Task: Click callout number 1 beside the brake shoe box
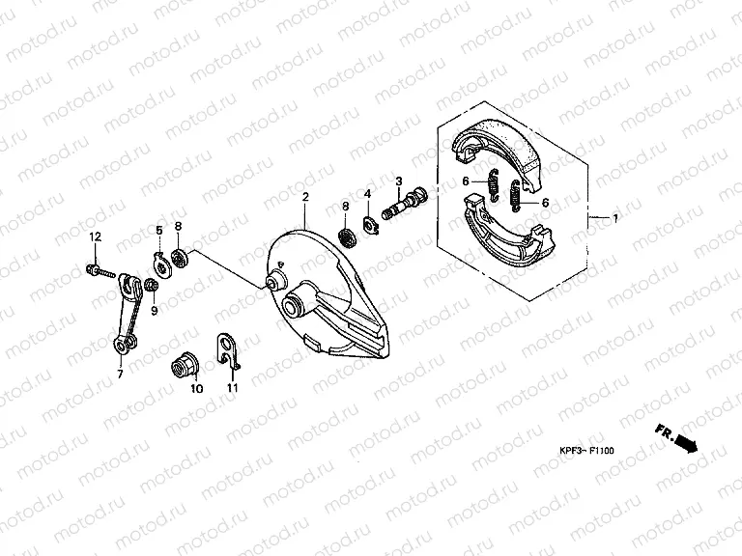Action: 614,219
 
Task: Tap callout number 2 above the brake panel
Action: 304,197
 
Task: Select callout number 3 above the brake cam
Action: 398,181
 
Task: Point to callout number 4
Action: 367,195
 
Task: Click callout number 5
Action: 159,229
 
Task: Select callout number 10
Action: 196,389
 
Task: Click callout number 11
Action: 232,388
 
